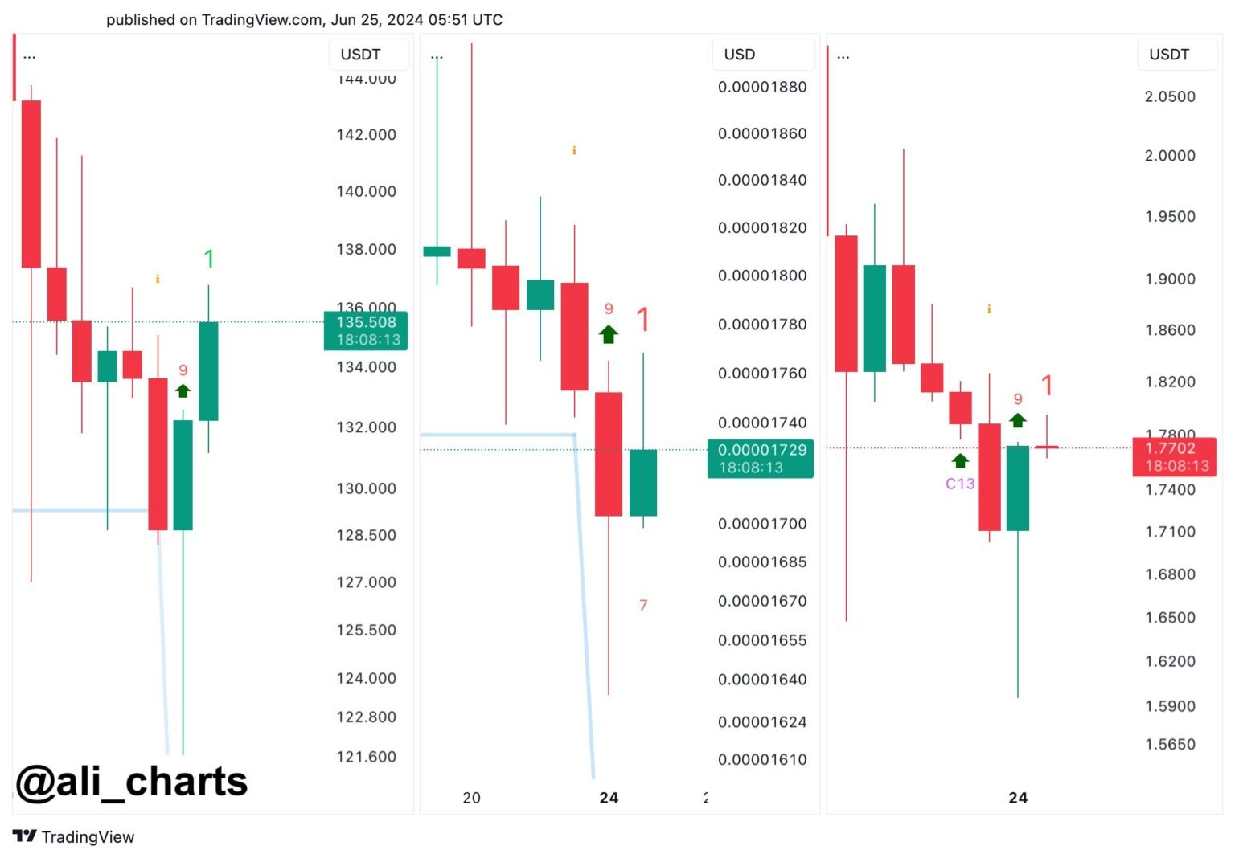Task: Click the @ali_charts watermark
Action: tap(132, 782)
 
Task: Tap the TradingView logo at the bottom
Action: tap(74, 836)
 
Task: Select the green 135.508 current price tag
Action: tap(366, 330)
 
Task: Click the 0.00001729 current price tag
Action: tap(761, 458)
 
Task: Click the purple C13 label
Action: tap(960, 484)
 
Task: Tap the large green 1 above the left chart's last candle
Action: tap(209, 259)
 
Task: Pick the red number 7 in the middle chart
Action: tap(643, 605)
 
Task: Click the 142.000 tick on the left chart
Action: tap(366, 134)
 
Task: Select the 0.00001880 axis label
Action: tap(762, 87)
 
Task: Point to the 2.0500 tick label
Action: tap(1170, 96)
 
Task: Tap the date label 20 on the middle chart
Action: tap(471, 798)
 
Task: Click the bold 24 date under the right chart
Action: tap(1018, 798)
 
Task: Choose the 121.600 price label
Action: tap(366, 757)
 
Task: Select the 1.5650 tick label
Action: tap(1170, 744)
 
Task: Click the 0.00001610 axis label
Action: tap(762, 759)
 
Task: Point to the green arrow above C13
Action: tap(960, 460)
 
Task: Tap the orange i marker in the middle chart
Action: tap(574, 151)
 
